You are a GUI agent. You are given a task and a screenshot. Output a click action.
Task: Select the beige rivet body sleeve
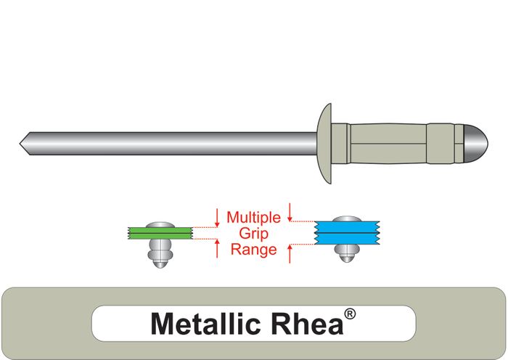pyautogui.click(x=403, y=141)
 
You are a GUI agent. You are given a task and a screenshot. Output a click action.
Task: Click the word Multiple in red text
pyautogui.click(x=253, y=217)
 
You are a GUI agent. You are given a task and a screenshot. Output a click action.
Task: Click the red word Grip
pyautogui.click(x=253, y=233)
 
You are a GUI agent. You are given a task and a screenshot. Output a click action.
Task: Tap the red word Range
pyautogui.click(x=253, y=250)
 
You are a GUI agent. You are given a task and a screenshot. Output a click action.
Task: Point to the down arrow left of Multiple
pyautogui.click(x=217, y=216)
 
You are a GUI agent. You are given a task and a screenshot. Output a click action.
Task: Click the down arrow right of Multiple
pyautogui.click(x=290, y=212)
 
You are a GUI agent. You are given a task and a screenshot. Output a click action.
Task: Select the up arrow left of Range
pyautogui.click(x=217, y=248)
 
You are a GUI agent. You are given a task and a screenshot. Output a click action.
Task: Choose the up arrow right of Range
pyautogui.click(x=290, y=254)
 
